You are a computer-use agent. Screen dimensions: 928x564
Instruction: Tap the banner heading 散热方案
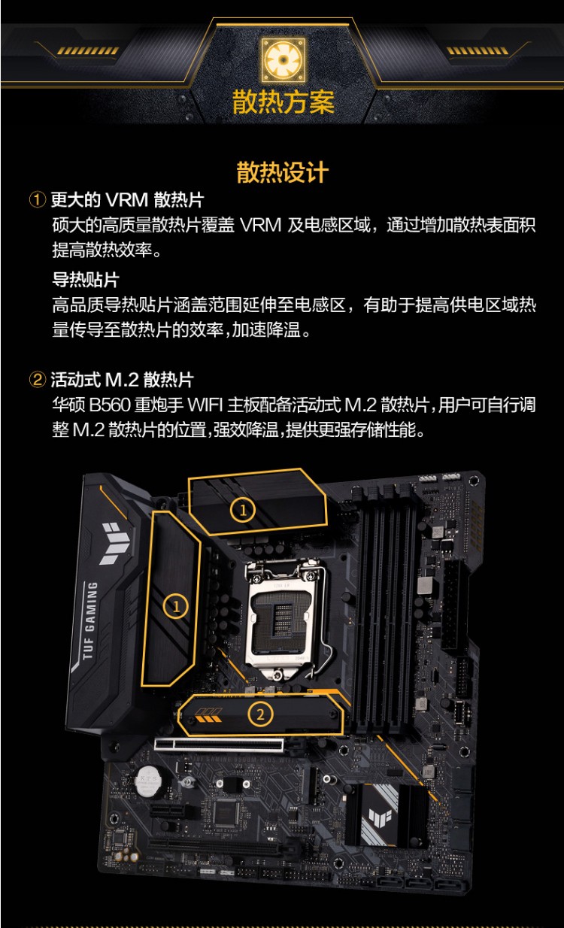[x=283, y=102]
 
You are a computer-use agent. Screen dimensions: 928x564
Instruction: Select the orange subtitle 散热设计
[x=282, y=172]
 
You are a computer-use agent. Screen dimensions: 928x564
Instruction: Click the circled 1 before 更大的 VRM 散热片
[x=38, y=200]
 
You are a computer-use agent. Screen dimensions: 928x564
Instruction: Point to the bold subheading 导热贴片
[x=85, y=281]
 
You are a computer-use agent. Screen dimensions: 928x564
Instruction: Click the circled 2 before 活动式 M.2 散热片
[x=38, y=378]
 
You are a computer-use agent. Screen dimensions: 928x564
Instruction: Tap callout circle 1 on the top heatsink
[x=242, y=511]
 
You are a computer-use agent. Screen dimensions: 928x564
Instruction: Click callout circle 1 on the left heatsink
[x=176, y=606]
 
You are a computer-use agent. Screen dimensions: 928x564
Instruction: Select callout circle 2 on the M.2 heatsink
[x=260, y=714]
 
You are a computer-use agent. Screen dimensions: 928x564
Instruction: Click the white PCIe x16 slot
[x=219, y=745]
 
